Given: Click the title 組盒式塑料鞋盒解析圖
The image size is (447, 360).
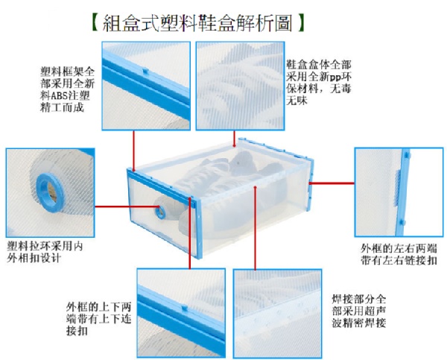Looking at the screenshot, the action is pos(197,22).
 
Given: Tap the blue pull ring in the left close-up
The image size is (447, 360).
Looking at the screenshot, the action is pos(50,192).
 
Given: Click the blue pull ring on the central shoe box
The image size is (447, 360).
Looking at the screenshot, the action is pos(160,212).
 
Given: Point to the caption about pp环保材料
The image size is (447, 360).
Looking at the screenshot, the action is pos(319,83).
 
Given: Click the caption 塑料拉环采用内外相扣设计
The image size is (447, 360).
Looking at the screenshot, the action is pos(45,252).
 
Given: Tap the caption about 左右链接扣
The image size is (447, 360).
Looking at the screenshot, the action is pos(399,254).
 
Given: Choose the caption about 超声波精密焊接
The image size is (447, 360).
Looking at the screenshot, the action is pos(359,312).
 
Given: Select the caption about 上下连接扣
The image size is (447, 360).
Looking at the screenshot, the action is pos(98,319).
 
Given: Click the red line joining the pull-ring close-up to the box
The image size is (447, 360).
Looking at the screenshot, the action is pos(125,206).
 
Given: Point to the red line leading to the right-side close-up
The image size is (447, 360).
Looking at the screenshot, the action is pos(332,183).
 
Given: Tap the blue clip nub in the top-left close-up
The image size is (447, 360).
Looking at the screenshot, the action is pos(145,71).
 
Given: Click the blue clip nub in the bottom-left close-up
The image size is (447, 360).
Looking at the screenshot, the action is pos(185,309).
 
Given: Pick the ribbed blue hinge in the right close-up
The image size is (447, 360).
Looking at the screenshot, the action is pos(397,188).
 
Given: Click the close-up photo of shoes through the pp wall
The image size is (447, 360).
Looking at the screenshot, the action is pos(240,86).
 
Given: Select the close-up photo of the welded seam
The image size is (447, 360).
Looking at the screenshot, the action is pos(278,314).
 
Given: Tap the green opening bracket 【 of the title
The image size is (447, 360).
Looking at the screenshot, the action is pos(96,23).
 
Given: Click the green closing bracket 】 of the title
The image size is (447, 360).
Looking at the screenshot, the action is pos(301,23).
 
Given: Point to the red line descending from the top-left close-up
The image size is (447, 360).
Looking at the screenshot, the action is pos(133,151).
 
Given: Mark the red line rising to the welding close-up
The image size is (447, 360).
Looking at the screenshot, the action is pos(256,228).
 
